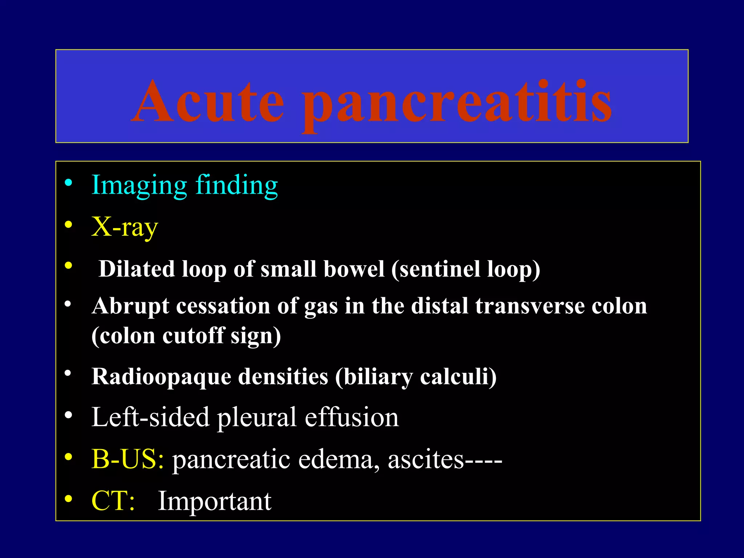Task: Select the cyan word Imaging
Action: pyautogui.click(x=139, y=185)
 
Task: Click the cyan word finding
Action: pyautogui.click(x=236, y=185)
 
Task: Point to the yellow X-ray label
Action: pyautogui.click(x=125, y=227)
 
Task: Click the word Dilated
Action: pyautogui.click(x=136, y=269)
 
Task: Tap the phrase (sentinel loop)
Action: pyautogui.click(x=466, y=270)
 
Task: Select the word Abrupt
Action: pyautogui.click(x=130, y=306)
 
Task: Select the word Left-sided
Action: pyautogui.click(x=150, y=417)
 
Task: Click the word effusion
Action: pyautogui.click(x=352, y=417)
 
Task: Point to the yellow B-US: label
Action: pyautogui.click(x=128, y=459)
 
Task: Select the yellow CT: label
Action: pyautogui.click(x=113, y=501)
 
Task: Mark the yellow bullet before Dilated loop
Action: pyautogui.click(x=68, y=266)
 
